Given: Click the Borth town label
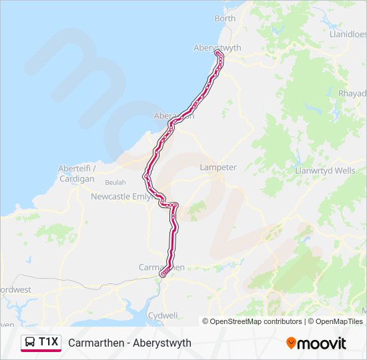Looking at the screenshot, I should (x=225, y=19).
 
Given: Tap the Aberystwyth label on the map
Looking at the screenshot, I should (x=217, y=47).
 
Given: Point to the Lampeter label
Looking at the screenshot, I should (x=218, y=167).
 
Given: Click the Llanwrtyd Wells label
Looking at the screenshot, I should (x=325, y=171).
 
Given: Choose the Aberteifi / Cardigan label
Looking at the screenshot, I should (x=77, y=173).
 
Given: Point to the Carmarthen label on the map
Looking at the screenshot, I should (x=161, y=267).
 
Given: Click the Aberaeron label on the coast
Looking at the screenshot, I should (x=174, y=115).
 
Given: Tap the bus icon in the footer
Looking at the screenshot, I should (x=30, y=343).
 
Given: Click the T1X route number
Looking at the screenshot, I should (x=49, y=342).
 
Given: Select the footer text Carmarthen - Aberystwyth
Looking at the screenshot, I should (x=129, y=343).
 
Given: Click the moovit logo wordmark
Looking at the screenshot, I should (x=322, y=343).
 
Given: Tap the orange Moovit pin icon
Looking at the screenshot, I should (x=291, y=343).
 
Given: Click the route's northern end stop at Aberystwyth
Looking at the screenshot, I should (x=219, y=54).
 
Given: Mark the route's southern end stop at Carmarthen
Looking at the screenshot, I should (x=163, y=273).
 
